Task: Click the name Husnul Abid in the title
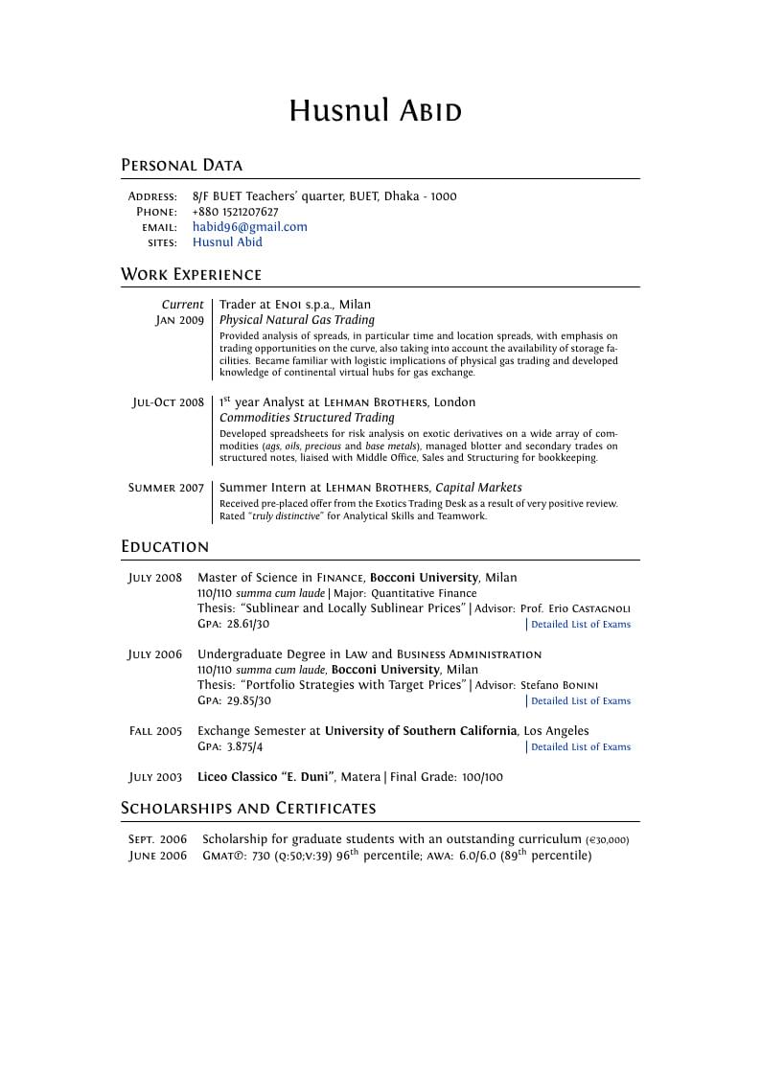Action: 376,111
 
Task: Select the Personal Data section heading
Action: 181,165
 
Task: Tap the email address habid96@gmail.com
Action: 249,227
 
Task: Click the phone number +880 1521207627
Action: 235,212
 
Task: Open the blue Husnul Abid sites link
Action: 227,242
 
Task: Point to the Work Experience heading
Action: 191,275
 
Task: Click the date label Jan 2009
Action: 180,320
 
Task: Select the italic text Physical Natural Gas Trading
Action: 296,320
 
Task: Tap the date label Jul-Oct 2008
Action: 168,402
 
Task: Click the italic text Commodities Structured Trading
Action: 307,418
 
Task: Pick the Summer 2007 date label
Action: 166,488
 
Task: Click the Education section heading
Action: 165,547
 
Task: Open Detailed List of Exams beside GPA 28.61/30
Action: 581,625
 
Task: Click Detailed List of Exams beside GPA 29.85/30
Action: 581,701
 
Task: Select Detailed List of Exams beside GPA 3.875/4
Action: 581,747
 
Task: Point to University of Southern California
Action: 421,731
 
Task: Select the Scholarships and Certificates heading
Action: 248,809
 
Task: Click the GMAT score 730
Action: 261,856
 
